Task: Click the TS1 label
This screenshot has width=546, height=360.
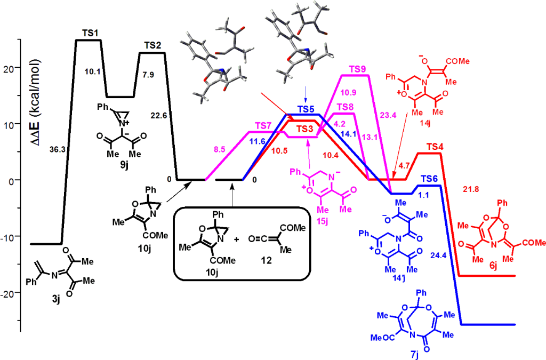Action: [89, 33]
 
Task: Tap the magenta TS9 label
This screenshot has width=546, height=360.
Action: [357, 69]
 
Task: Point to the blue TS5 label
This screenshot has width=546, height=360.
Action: [306, 109]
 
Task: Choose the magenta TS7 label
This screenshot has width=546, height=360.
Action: [263, 125]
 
